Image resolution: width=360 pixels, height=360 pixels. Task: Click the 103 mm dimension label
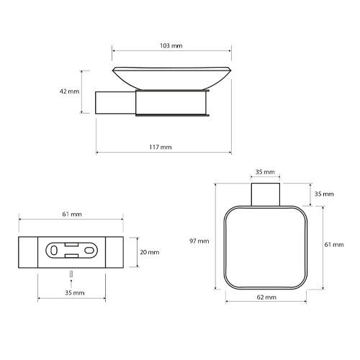pos(171,45)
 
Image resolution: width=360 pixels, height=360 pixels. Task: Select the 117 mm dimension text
pos(161,147)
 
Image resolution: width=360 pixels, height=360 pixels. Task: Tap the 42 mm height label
pos(69,91)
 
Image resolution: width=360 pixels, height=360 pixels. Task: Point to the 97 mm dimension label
pos(199,241)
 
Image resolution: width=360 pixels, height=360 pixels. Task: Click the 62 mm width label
pos(266,297)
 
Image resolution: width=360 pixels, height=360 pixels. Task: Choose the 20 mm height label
pos(150,252)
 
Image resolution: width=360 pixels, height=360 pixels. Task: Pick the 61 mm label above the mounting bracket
pos(72,214)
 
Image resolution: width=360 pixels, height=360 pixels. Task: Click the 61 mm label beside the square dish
pos(334,245)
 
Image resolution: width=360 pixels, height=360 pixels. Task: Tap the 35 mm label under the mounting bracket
pos(75,293)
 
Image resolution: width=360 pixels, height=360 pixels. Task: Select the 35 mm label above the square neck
pos(265,172)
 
